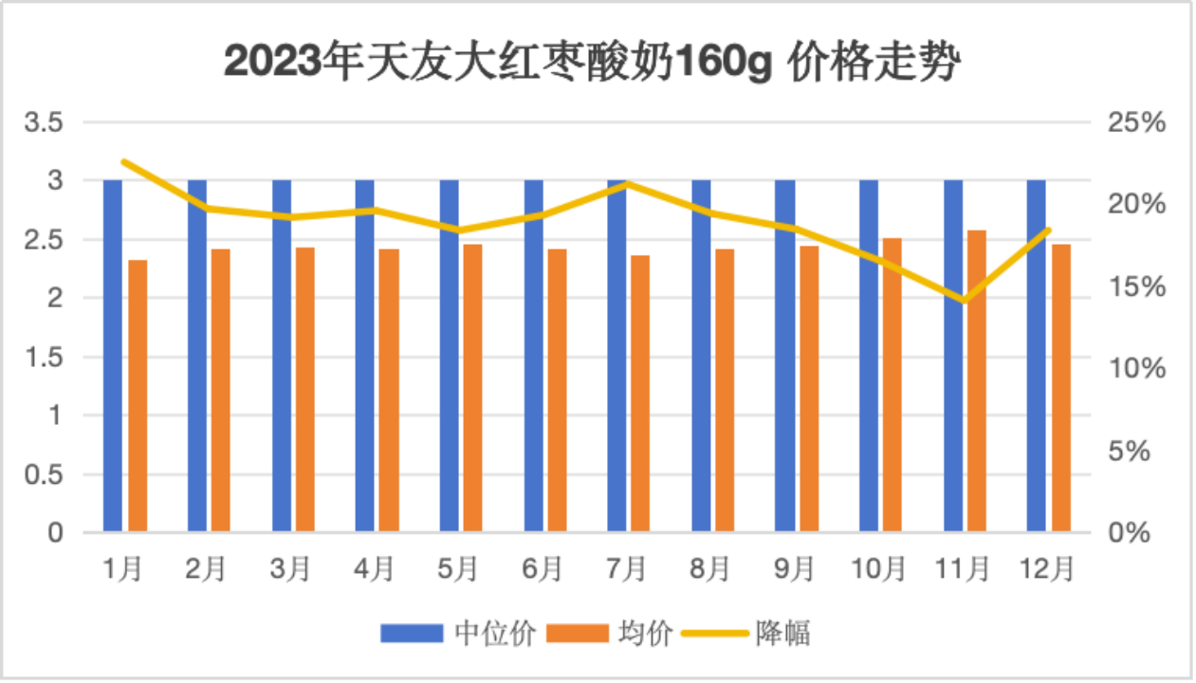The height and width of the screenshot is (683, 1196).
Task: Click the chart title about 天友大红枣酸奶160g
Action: (x=593, y=64)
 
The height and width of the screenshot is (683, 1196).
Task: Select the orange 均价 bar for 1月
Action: (x=138, y=395)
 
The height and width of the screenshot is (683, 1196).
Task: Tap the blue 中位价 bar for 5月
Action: (x=449, y=356)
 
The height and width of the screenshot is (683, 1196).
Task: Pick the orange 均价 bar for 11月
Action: (x=977, y=379)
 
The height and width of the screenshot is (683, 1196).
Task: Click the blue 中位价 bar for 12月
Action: (x=1037, y=356)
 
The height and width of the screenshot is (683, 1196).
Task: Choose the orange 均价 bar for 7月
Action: (x=641, y=393)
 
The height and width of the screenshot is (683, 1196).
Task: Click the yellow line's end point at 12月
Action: (x=1049, y=230)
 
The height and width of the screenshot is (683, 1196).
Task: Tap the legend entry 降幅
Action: (x=782, y=633)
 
